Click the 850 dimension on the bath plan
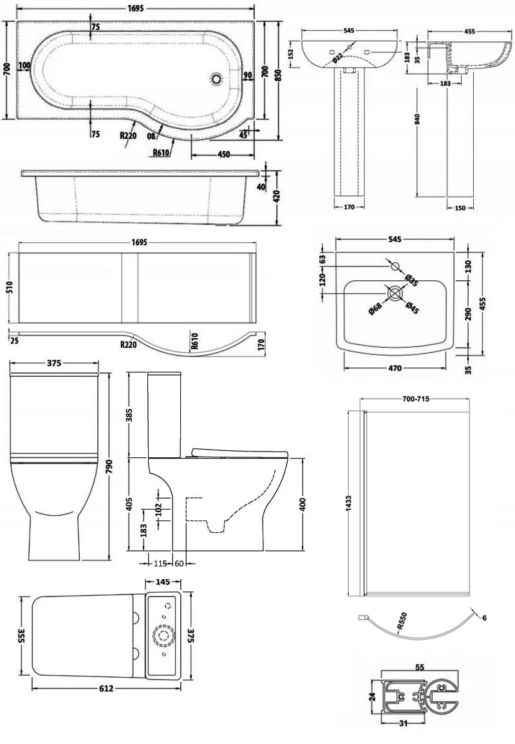click(278, 75)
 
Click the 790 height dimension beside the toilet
click(109, 464)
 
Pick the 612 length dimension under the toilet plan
click(106, 689)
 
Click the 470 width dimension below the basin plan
click(395, 368)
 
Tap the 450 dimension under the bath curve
click(223, 154)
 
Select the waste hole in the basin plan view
click(394, 293)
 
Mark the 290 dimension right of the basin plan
click(468, 314)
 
